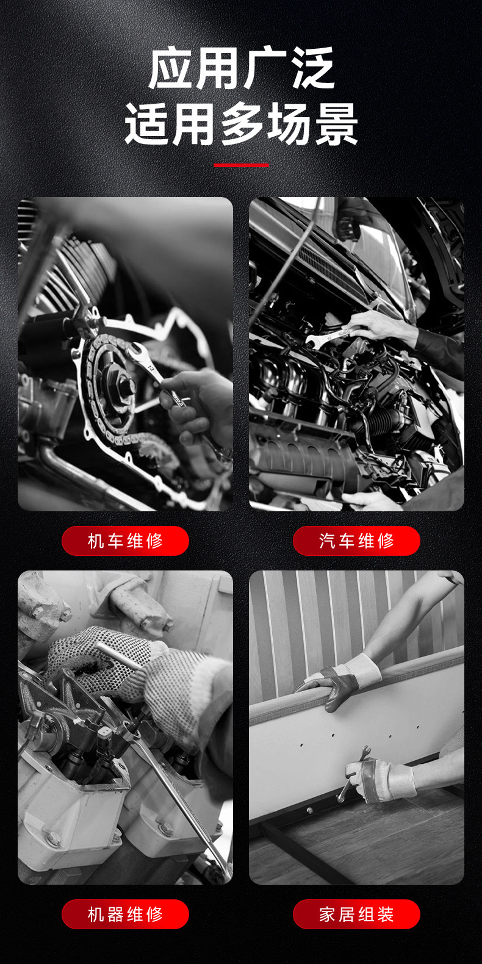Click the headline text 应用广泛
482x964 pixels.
click(241, 68)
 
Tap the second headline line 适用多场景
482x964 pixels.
click(241, 124)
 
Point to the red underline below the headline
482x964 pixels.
click(241, 165)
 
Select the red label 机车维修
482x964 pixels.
click(125, 541)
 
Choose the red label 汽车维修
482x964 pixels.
click(356, 541)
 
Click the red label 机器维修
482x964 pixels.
click(125, 914)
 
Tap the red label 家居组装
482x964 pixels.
click(356, 914)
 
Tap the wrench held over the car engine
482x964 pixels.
click(329, 336)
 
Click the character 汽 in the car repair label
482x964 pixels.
click(326, 541)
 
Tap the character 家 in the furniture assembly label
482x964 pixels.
click(326, 914)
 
